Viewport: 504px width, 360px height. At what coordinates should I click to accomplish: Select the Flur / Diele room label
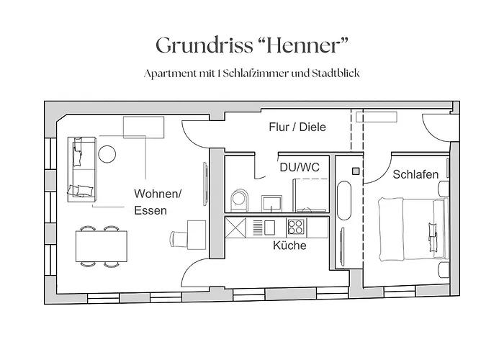point(297,127)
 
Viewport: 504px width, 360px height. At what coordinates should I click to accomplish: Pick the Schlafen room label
point(415,174)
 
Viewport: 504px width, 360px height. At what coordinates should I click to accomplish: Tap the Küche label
point(289,246)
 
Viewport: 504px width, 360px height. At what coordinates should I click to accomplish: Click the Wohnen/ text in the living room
point(158,194)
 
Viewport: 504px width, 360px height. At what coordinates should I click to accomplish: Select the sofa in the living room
point(83,167)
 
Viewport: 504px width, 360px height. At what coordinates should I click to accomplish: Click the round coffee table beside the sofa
point(107,153)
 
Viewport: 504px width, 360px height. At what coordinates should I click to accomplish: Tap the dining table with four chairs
point(100,247)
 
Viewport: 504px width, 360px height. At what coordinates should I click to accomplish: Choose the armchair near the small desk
point(178,237)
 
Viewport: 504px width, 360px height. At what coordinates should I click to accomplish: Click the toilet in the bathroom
point(240,199)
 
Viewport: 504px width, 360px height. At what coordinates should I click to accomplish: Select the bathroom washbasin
point(271,202)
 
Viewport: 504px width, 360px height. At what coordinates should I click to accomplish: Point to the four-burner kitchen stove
point(295,228)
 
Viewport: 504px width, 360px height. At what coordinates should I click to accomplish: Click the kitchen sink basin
point(269,228)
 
